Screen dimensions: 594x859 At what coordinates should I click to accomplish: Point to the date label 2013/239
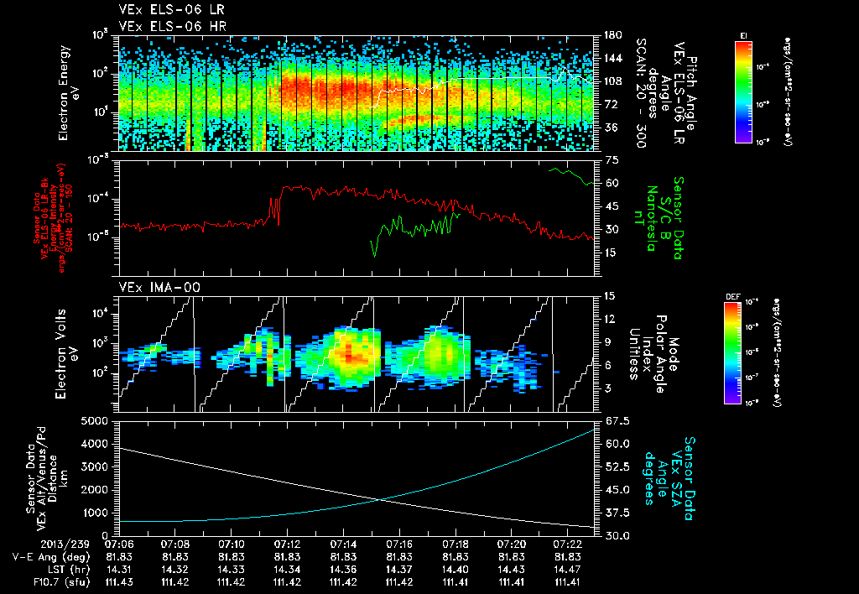click(35, 544)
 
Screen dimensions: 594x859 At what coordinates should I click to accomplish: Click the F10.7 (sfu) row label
click(38, 581)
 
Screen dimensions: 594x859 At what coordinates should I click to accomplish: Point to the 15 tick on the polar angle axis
click(609, 295)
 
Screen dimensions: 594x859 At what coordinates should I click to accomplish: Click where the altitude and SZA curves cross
click(383, 500)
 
